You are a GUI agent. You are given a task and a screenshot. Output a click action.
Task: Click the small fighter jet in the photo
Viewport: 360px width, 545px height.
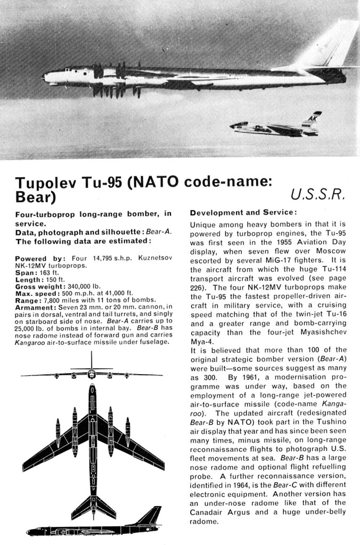[274, 127]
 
